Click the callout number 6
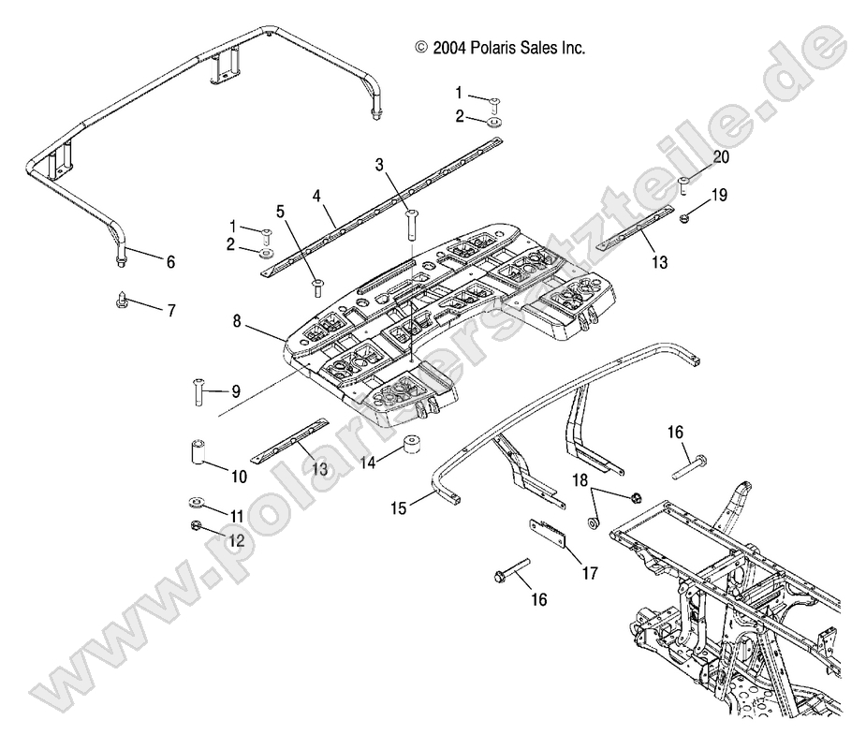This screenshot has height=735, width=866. point(170,263)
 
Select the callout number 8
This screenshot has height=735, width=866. point(238,321)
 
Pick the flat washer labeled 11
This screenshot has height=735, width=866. point(198,501)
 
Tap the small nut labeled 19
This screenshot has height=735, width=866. point(685,217)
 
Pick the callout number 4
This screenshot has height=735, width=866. point(317,197)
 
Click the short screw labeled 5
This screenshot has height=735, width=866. point(316,285)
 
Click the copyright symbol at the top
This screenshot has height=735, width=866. point(421,47)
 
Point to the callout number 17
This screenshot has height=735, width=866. point(590,573)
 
